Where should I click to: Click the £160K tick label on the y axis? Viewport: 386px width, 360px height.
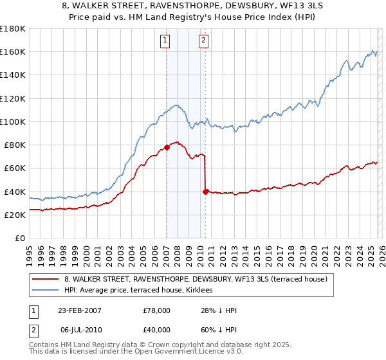[x=12, y=52]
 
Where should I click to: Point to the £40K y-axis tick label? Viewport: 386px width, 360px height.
[x=14, y=192]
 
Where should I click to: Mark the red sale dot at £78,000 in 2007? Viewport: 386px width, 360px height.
[x=167, y=147]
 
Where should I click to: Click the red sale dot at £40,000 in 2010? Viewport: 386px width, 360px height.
[x=205, y=192]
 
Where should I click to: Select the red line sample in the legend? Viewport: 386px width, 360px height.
[x=46, y=279]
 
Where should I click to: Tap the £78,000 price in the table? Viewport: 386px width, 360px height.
[x=156, y=310]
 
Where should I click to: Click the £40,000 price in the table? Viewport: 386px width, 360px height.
[x=156, y=329]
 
